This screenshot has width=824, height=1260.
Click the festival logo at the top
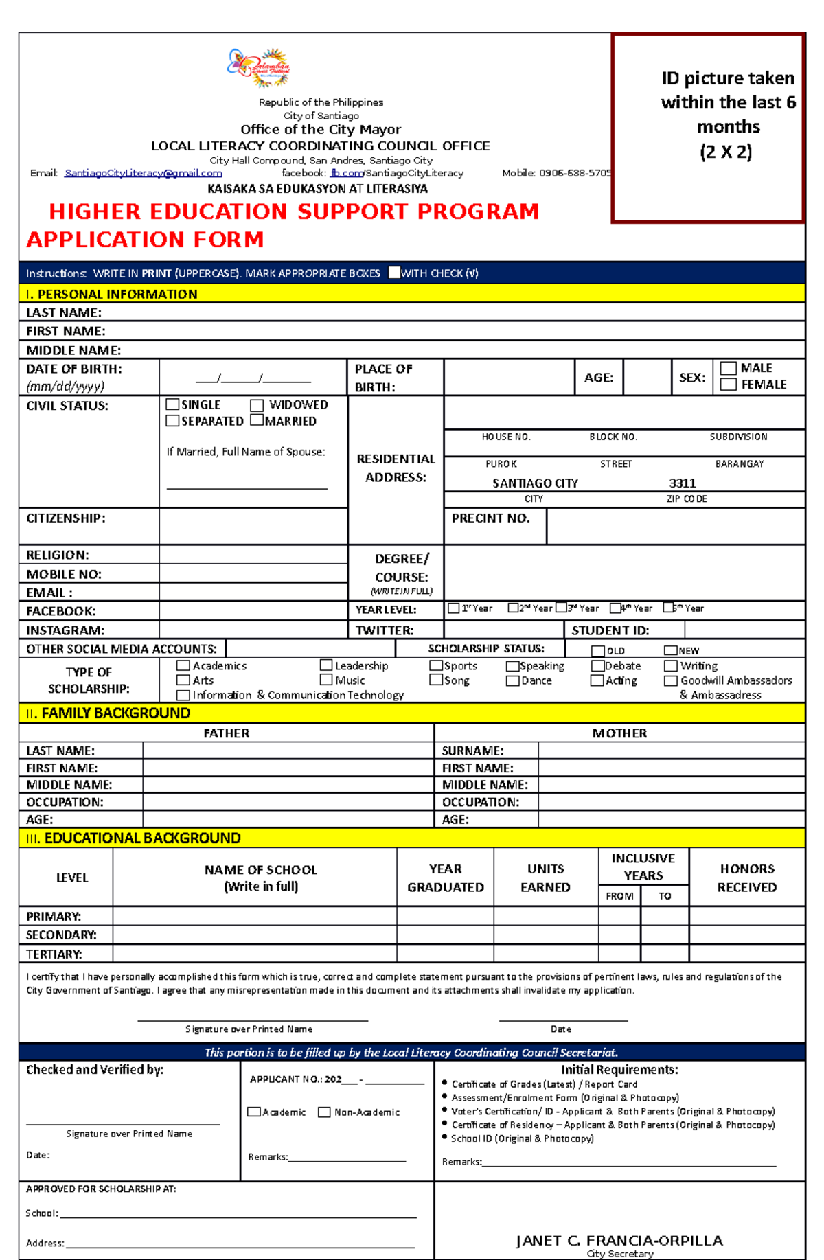pos(260,67)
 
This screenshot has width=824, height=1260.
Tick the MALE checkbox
pos(729,369)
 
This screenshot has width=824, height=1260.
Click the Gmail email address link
pos(143,174)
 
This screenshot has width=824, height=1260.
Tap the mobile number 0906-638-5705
pos(575,174)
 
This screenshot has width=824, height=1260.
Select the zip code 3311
pos(683,483)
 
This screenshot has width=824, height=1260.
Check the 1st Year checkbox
pos(454,608)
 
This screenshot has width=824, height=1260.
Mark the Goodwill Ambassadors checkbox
pos(671,681)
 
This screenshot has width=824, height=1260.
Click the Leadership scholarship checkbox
pos(326,665)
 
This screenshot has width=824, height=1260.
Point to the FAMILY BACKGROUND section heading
pos(115,713)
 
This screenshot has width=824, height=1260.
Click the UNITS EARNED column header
pos(545,878)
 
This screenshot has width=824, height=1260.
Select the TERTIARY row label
pos(54,954)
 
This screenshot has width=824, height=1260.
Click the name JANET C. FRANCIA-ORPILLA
pos(619,1241)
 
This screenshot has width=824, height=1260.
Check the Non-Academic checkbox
pos(324,1112)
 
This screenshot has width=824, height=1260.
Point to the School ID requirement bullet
pos(522,1138)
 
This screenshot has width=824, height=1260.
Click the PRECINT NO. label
pos(490,518)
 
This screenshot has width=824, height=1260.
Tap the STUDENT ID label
pos(610,630)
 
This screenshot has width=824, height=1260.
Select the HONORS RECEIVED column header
pos(747,878)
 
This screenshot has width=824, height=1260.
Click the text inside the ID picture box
pos(727,115)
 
